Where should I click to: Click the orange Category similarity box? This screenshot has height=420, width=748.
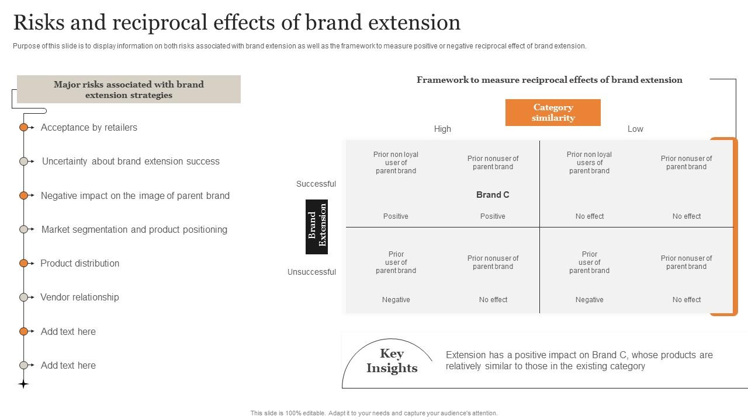click(553, 113)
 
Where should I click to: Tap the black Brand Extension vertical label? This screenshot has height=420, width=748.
click(317, 227)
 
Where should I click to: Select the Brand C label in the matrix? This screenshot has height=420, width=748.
click(493, 195)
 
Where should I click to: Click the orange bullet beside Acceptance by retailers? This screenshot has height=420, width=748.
click(23, 127)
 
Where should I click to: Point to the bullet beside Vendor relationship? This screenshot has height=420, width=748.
click(23, 297)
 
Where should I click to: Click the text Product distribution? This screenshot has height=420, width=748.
click(79, 264)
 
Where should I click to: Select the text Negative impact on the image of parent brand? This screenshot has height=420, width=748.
click(135, 196)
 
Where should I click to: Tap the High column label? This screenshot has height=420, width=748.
click(442, 129)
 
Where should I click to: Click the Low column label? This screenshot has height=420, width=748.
click(635, 129)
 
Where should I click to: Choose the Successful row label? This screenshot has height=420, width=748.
click(316, 184)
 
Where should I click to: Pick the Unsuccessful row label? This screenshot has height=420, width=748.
click(311, 272)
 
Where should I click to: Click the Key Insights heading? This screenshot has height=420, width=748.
click(392, 360)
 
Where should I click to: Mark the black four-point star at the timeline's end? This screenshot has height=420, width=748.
click(23, 384)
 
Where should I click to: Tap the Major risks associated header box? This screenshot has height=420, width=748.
click(129, 89)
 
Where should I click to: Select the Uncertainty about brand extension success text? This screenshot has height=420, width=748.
click(131, 162)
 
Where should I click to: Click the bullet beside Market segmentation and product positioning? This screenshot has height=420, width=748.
click(23, 229)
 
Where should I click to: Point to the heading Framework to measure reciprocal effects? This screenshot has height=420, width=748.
click(549, 80)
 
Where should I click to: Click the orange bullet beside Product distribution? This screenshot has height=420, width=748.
click(23, 264)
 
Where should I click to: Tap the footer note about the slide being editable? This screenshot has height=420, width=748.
click(374, 413)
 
